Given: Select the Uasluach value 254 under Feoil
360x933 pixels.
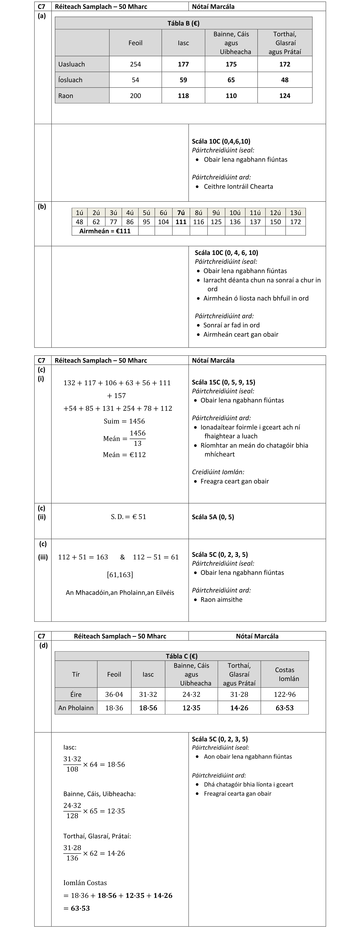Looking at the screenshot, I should coord(135,64).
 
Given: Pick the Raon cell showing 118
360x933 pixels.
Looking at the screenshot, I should coord(183,96).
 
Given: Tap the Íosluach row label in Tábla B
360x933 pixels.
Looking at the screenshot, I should coord(70,80).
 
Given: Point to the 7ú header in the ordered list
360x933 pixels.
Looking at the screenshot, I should coord(181,213).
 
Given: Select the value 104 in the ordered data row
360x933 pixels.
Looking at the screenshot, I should coord(163,222).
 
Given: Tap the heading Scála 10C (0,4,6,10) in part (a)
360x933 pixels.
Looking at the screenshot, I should coord(221,141).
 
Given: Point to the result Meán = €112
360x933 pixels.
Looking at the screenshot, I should coord(124,455).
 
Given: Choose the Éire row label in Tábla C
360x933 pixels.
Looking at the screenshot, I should coord(76,694).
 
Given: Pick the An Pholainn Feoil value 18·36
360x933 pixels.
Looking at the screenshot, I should coord(114,708).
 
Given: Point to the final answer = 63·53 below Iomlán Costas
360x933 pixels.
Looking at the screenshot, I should coord(77,908).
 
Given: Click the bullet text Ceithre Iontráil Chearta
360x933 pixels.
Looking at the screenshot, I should coord(238,186).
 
